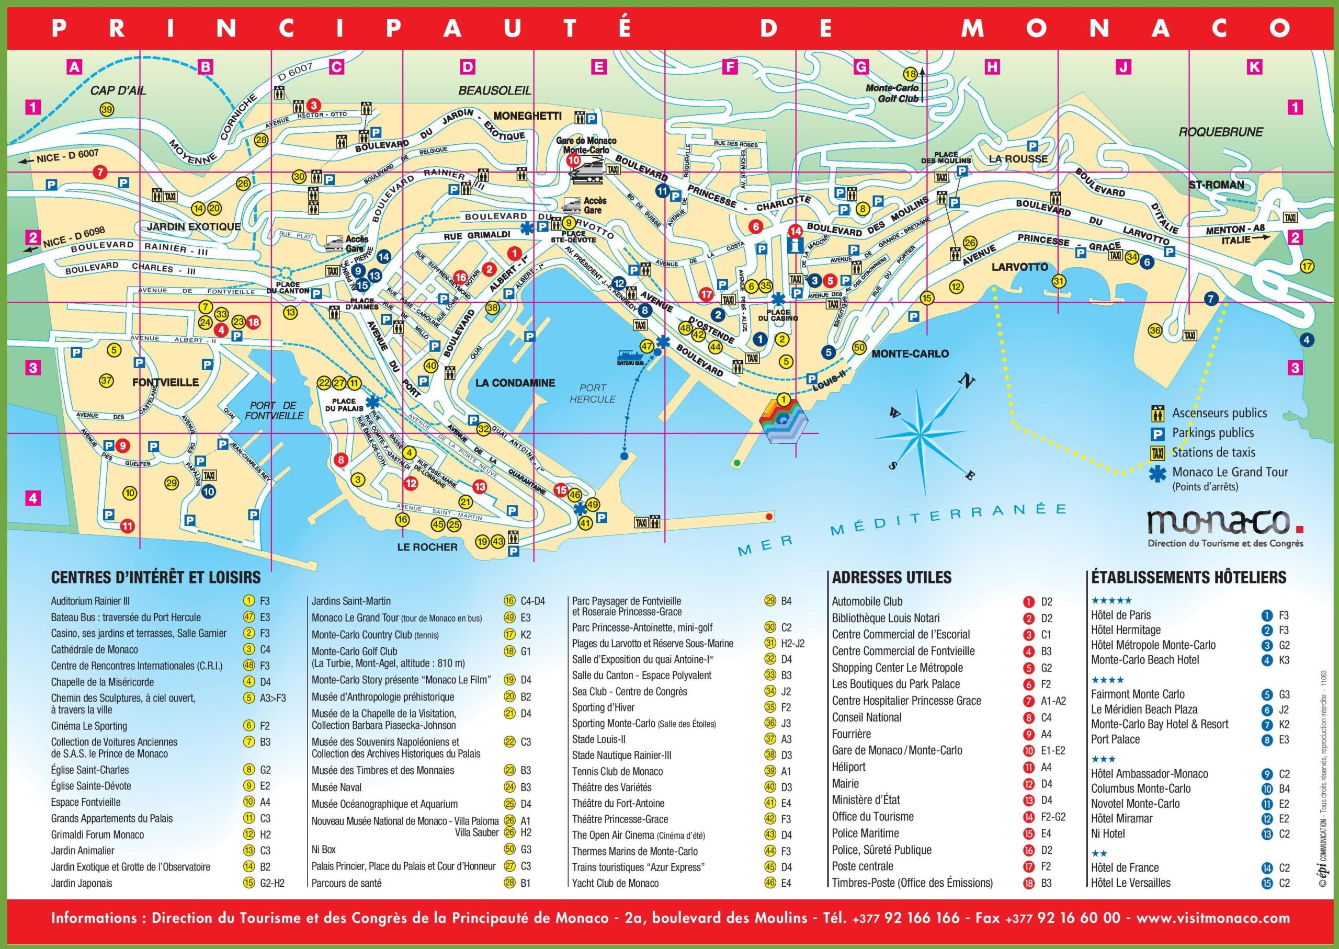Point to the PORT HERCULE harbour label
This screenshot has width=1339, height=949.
(x=593, y=393)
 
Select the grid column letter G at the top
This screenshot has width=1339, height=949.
(x=861, y=67)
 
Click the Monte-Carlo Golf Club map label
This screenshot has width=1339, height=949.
(x=893, y=94)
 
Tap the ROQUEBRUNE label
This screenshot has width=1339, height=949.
(x=1220, y=132)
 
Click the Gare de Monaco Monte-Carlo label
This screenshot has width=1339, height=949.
(x=586, y=145)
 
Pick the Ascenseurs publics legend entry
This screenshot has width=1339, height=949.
(x=1219, y=413)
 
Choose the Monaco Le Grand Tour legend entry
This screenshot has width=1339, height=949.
(x=1230, y=472)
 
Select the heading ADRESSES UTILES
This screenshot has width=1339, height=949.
(x=892, y=577)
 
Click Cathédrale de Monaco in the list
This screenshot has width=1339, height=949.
(x=94, y=650)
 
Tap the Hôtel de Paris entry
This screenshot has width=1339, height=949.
(x=1120, y=615)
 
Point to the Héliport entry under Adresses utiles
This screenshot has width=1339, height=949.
(x=848, y=767)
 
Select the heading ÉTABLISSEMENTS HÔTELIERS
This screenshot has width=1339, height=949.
(x=1188, y=577)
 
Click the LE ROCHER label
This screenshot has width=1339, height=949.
(x=427, y=547)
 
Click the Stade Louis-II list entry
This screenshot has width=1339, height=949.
(x=598, y=739)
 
